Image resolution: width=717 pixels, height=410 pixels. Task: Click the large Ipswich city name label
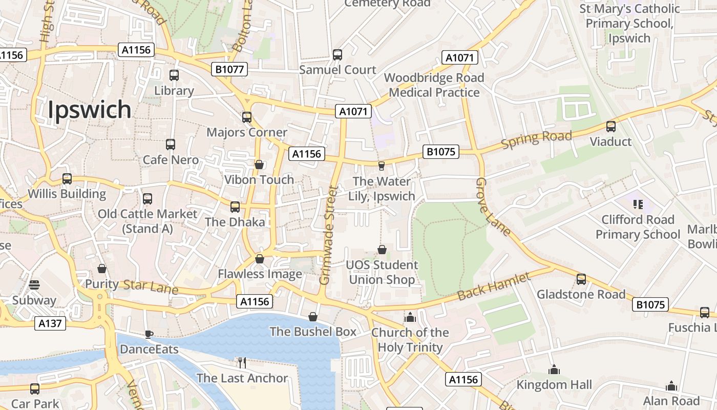click(90, 110)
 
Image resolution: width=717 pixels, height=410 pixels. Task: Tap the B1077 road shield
click(229, 69)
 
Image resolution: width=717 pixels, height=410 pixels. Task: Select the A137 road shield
click(50, 323)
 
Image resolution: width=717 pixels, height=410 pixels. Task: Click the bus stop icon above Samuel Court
click(338, 55)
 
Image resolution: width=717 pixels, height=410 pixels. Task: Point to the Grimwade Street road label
click(328, 236)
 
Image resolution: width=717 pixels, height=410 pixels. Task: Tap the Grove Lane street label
click(492, 207)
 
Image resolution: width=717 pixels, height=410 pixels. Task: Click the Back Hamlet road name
click(493, 287)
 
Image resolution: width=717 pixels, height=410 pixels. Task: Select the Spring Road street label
click(536, 139)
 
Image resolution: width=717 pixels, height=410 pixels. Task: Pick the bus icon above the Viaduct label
click(610, 127)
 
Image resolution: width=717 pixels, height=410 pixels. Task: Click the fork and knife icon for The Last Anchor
click(242, 363)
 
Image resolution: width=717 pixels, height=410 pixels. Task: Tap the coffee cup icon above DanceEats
click(149, 335)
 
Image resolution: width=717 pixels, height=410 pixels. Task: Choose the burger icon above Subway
click(34, 285)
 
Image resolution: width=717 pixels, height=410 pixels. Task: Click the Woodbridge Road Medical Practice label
click(434, 85)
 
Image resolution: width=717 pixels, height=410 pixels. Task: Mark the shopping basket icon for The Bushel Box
click(313, 317)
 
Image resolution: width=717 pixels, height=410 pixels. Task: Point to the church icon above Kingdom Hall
click(554, 370)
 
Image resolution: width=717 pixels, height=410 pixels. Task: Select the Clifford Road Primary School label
click(638, 227)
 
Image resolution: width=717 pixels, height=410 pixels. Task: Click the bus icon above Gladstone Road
click(581, 279)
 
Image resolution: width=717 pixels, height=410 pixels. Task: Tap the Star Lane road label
click(151, 287)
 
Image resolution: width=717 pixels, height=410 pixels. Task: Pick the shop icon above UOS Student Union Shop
click(382, 250)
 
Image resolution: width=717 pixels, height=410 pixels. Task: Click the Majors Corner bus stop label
click(247, 132)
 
